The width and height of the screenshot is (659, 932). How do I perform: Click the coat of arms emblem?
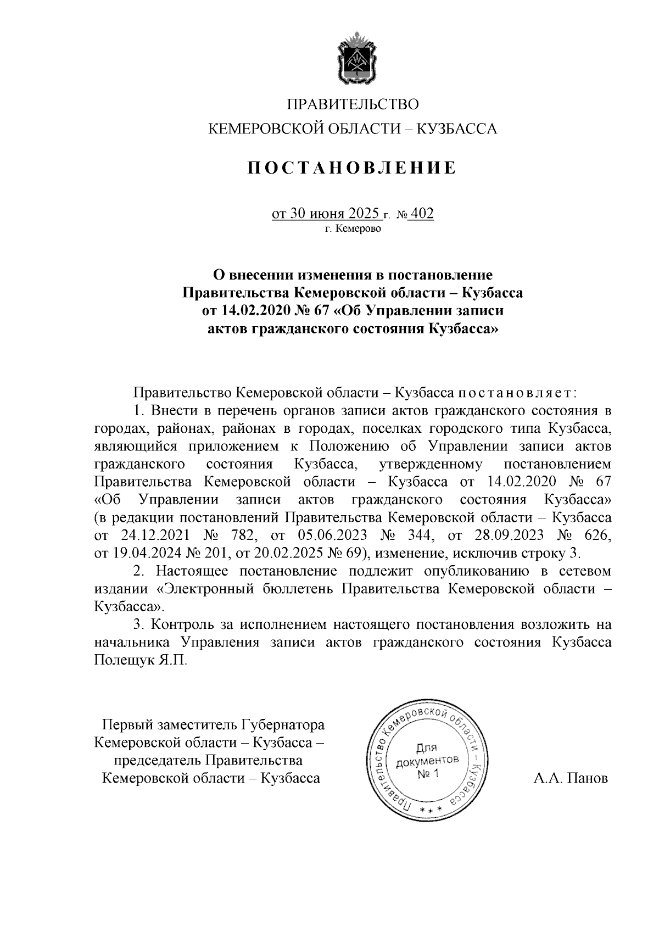click(x=353, y=60)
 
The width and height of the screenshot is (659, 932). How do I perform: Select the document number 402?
click(x=422, y=213)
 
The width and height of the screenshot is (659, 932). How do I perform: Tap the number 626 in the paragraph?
click(x=597, y=535)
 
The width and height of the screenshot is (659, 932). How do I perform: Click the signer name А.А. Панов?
click(x=571, y=778)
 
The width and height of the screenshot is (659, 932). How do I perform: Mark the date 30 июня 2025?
click(x=326, y=213)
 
